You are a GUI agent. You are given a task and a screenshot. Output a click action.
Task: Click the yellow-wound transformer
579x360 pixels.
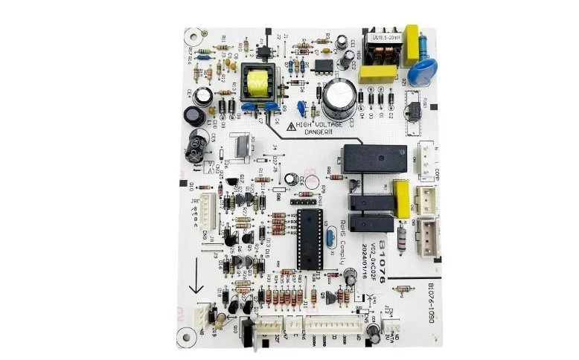[x=253, y=81]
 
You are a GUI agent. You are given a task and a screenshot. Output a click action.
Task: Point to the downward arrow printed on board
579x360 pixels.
[x=196, y=286]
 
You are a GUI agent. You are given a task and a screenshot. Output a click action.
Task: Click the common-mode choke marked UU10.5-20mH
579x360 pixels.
[x=380, y=48]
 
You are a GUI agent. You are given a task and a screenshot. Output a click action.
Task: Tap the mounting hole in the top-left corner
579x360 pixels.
[x=193, y=33]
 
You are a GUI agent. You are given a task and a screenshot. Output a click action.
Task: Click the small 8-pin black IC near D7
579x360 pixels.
[x=323, y=65]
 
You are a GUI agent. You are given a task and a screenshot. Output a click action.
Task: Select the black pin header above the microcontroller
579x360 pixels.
[x=301, y=201]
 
